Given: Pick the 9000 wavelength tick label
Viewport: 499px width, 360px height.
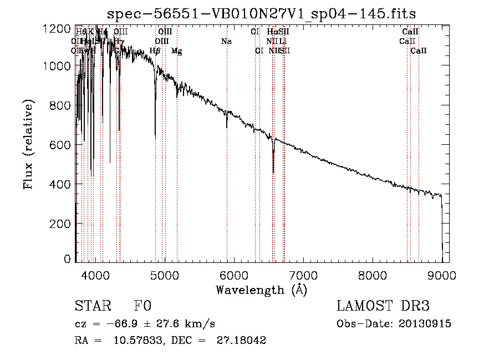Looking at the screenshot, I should coord(442,274).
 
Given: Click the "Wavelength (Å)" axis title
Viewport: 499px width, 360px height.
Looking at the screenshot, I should coord(261,289).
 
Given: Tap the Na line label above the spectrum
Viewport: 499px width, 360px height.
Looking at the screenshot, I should coord(226,41).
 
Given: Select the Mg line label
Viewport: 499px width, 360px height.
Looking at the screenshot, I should coord(176,51).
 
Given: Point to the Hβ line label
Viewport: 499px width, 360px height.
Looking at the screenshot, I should coord(155,51).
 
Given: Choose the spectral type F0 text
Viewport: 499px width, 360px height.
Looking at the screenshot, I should coord(142,306).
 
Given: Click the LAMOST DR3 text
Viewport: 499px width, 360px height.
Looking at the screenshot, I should coord(383,306).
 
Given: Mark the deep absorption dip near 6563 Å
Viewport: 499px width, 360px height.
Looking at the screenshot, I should coord(273,166).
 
